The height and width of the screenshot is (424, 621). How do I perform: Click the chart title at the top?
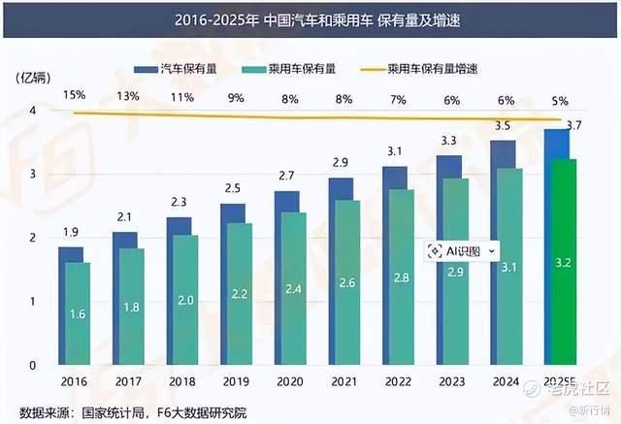(x=310, y=19)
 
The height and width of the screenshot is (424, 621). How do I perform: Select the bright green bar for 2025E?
(x=562, y=262)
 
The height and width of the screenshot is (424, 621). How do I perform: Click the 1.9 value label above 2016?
(x=71, y=232)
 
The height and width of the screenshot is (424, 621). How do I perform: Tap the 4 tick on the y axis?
(x=34, y=111)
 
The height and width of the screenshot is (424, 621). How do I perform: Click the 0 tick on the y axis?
(x=34, y=365)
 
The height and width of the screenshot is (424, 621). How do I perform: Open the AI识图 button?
(x=463, y=250)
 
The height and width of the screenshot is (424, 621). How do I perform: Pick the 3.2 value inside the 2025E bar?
(x=564, y=263)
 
